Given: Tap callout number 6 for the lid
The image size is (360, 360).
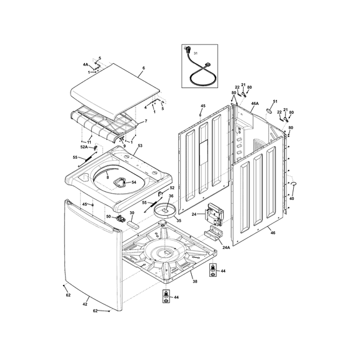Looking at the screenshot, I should click(143, 67).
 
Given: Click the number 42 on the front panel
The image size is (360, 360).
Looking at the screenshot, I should click(85, 304).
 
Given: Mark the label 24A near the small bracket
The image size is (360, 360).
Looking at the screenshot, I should click(226, 247).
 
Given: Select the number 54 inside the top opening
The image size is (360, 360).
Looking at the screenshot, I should click(133, 182).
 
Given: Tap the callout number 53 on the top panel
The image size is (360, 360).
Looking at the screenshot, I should click(139, 146).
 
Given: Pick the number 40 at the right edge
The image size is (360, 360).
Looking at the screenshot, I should click(291, 199).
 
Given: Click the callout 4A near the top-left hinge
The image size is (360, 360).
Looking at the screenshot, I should click(86, 64).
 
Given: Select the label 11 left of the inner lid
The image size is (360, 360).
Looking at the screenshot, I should click(89, 142).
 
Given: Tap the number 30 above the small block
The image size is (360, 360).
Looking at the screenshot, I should click(132, 213).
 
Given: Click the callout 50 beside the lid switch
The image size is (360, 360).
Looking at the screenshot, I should click(107, 217).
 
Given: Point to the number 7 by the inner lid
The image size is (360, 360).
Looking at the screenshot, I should click(146, 121).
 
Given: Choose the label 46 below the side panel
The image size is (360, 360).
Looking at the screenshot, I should click(272, 232).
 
